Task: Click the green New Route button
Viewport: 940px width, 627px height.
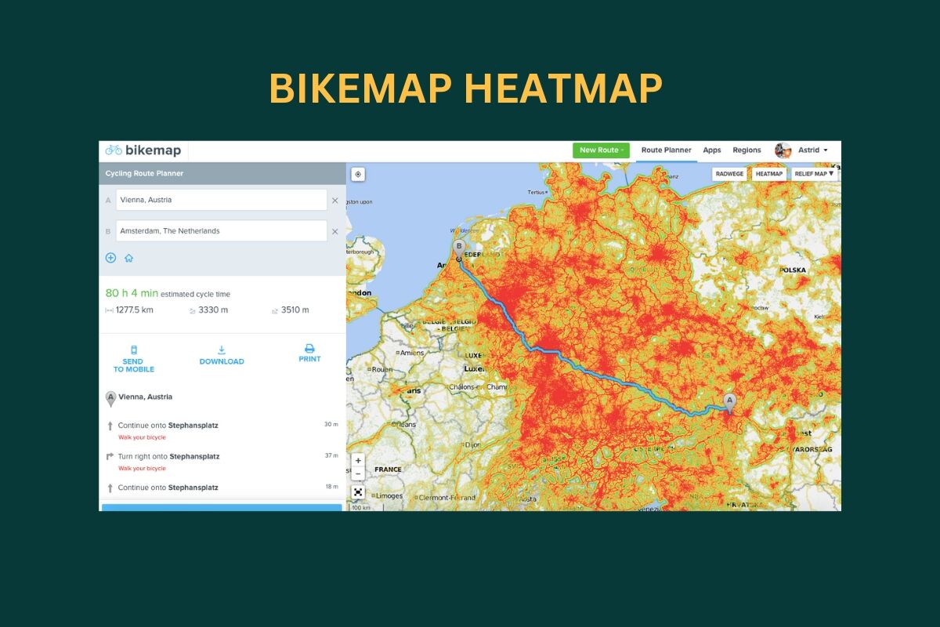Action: tap(601, 150)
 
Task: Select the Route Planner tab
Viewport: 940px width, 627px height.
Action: tap(666, 150)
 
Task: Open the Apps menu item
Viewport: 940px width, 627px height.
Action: tap(711, 150)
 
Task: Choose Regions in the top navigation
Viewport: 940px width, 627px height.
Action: tap(747, 150)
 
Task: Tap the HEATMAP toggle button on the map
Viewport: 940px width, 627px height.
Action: tap(769, 174)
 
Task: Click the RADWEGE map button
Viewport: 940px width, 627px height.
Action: tap(730, 174)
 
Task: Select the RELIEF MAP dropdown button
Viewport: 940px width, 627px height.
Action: tap(815, 174)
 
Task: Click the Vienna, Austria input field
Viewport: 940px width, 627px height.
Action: tap(221, 200)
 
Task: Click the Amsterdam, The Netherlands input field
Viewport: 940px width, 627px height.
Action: tap(221, 231)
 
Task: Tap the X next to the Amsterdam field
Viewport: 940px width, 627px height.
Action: tap(335, 231)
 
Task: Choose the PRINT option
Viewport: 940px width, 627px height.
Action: tap(309, 353)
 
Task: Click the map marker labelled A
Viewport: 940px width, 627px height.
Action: tap(730, 401)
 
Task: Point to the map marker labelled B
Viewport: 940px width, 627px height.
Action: tap(459, 248)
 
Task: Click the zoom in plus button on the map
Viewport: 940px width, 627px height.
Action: tap(358, 460)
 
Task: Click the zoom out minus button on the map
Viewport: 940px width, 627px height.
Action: tap(358, 474)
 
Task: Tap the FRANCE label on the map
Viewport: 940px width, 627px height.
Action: tap(388, 469)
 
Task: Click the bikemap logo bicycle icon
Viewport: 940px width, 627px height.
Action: tap(114, 150)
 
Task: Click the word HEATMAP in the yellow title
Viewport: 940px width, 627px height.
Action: tap(562, 89)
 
